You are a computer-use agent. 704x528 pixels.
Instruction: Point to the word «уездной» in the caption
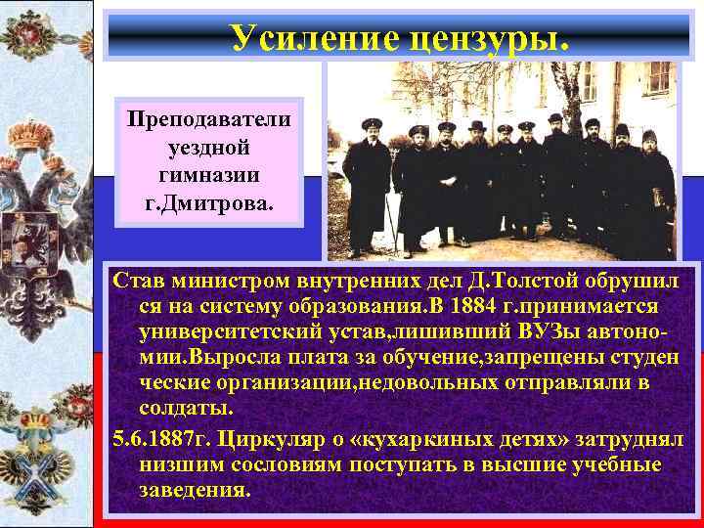pos(209,147)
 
